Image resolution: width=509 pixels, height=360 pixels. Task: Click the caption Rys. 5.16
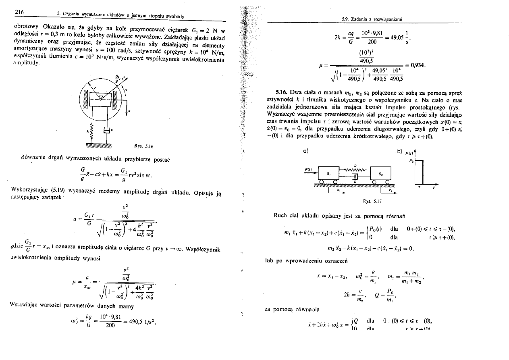point(144,146)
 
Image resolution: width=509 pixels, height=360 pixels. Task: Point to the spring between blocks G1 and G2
point(355,170)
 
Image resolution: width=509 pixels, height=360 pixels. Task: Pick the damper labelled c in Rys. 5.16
point(107,130)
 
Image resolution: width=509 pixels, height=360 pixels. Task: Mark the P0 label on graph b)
point(411,160)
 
